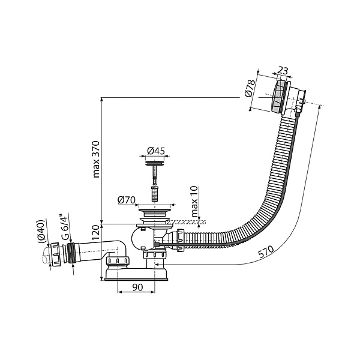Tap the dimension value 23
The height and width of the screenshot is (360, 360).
284,71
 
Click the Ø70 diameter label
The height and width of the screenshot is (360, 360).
125,199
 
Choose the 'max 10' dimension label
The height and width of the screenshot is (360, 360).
193,202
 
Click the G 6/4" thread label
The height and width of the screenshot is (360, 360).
62,227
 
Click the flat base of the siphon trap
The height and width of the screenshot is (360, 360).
139,275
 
